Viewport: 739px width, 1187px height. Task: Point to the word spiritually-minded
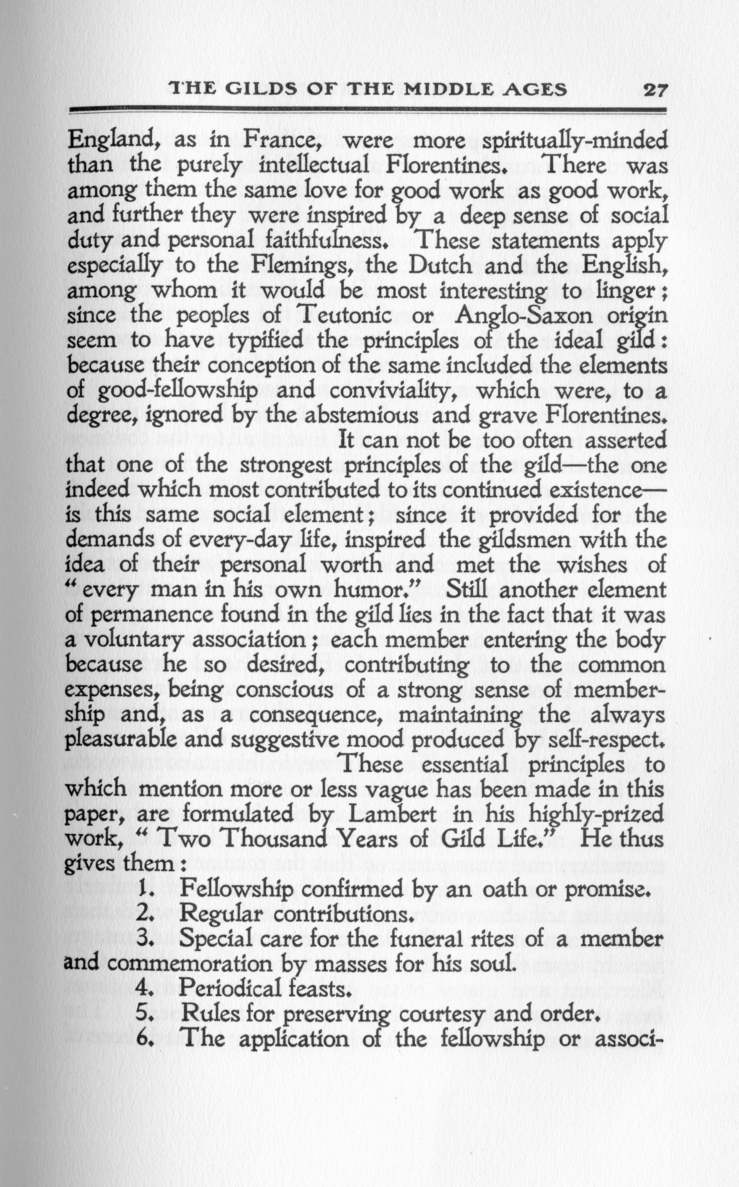574,142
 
